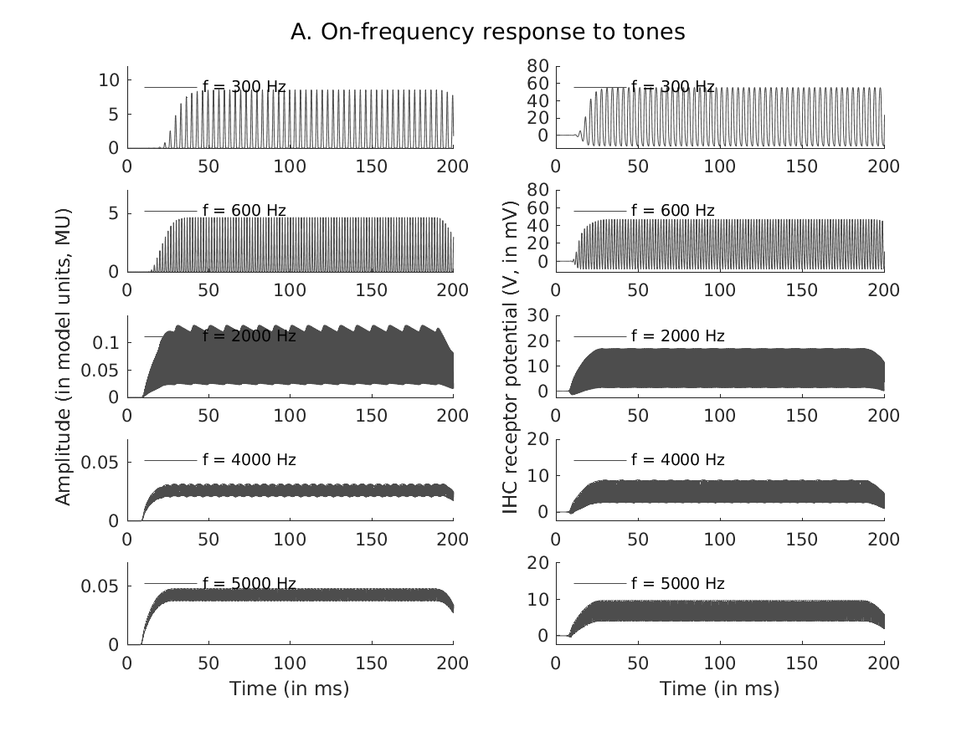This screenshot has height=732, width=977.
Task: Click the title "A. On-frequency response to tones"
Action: click(x=488, y=32)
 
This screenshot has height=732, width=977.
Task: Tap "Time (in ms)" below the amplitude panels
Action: click(x=289, y=688)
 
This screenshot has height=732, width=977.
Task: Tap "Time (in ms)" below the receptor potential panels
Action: click(x=719, y=688)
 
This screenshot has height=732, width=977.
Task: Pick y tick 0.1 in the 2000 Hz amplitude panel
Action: click(x=108, y=343)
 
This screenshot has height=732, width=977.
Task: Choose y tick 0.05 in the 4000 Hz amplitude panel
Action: click(x=104, y=463)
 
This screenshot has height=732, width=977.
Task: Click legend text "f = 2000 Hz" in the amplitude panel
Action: click(x=249, y=336)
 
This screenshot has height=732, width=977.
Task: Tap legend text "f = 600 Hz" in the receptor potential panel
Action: click(x=673, y=211)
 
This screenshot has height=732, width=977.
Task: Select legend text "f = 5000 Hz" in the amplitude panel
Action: click(x=249, y=583)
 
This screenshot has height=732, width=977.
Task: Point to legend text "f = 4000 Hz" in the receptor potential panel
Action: click(x=677, y=459)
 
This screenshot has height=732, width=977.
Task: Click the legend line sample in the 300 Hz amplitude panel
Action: click(x=171, y=87)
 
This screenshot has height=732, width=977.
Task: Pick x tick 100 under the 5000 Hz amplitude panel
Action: click(x=290, y=663)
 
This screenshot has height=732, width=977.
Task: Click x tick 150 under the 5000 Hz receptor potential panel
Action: click(x=802, y=663)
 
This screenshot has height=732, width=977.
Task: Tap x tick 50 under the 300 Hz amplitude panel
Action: click(x=208, y=166)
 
